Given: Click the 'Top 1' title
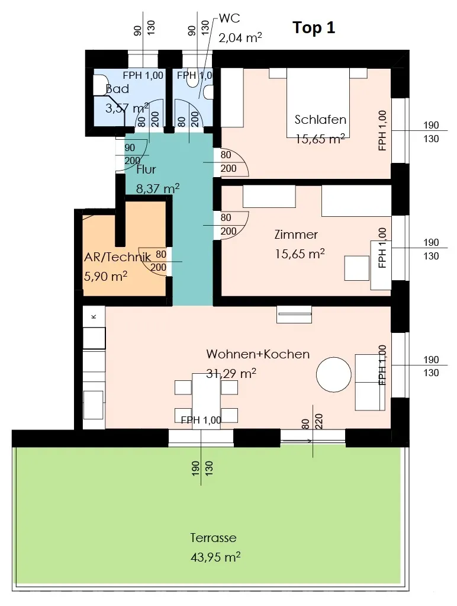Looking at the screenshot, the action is tap(314, 28).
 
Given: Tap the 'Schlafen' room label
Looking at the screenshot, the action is tap(320, 120).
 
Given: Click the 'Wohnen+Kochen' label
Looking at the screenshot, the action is tap(258, 354).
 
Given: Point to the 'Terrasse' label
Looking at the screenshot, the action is tap(213, 538).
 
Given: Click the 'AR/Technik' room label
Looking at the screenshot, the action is tap(117, 257).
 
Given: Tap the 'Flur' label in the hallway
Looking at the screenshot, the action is tap(146, 169).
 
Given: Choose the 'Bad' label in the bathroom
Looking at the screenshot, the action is tap(117, 89).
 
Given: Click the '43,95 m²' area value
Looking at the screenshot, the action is tap(215, 556).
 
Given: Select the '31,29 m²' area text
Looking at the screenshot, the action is tap(231, 373).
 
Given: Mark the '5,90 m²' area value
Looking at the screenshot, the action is tap(105, 276).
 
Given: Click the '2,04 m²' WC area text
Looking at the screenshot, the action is tap(240, 37).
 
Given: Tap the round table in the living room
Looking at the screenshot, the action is tap(334, 375).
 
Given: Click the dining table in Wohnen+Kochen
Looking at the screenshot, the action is tap(206, 396).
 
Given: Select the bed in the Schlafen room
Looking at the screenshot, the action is tap(318, 103).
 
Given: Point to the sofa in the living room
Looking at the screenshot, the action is tap(370, 382).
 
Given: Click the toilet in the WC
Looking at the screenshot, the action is tap(208, 92).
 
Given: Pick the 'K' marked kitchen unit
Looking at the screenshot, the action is tap(94, 316).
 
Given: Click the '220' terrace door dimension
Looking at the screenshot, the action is tap(318, 421).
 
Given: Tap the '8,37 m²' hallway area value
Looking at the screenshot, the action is tap(157, 188).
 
